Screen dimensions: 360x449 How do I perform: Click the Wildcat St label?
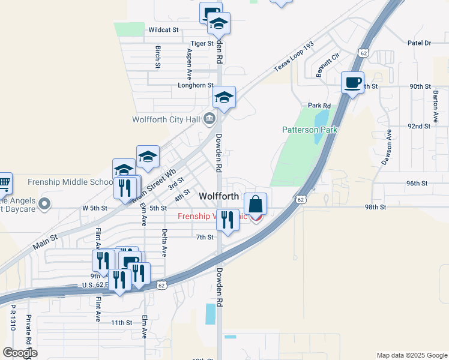164,29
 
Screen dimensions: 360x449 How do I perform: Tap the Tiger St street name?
202,44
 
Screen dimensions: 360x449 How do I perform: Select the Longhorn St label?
196,85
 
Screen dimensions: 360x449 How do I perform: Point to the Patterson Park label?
310,130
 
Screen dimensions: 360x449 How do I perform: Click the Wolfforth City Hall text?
165,119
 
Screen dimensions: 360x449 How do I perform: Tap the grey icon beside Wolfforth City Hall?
209,118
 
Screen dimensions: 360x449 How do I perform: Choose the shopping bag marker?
256,204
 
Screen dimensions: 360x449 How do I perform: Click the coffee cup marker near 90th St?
353,82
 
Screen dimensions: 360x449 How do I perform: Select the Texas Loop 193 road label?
294,58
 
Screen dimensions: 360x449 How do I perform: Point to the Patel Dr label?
419,43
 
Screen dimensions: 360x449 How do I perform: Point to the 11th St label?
121,323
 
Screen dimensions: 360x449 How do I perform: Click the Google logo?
20,353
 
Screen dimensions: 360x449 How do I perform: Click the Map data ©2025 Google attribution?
411,355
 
